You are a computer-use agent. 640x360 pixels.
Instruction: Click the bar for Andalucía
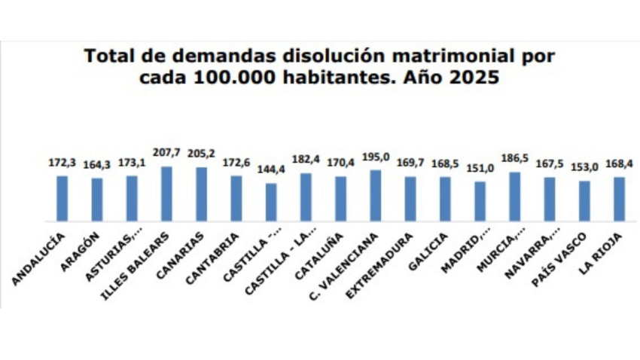[62, 199]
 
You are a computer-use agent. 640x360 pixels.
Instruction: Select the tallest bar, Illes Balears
[166, 194]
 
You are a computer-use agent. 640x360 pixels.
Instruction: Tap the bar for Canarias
[201, 194]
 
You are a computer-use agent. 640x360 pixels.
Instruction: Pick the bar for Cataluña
[340, 199]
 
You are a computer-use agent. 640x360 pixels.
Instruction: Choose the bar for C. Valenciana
[375, 196]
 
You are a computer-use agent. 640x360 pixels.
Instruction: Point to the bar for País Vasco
[584, 201]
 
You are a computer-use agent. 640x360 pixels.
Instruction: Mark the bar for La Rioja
[619, 200]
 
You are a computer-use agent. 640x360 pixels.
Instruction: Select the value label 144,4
[271, 170]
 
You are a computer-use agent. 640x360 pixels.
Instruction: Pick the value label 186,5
[514, 159]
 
